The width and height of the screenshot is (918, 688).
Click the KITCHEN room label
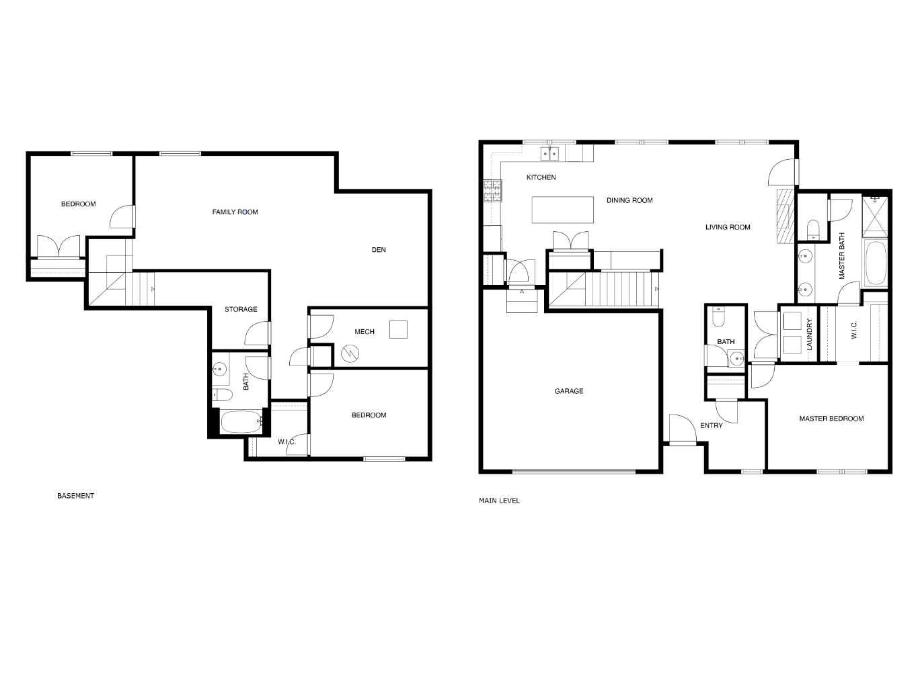click(x=541, y=177)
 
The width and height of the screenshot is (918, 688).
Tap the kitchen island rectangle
click(x=563, y=210)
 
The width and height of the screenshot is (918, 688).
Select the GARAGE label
click(x=568, y=391)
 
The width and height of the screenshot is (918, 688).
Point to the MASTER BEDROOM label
click(x=831, y=419)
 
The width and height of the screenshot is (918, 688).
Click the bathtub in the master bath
click(x=876, y=263)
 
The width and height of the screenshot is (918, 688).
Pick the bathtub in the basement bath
click(x=241, y=422)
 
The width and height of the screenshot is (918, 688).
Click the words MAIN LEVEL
click(x=499, y=501)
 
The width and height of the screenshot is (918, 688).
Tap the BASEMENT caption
click(x=75, y=496)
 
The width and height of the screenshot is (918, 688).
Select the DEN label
click(x=379, y=250)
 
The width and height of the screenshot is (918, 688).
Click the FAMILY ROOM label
click(x=235, y=212)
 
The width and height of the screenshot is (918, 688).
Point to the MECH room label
click(x=365, y=332)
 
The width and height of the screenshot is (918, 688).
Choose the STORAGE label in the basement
click(x=241, y=310)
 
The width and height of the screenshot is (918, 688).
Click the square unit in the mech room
click(x=399, y=330)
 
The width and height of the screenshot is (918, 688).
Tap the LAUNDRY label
click(x=810, y=335)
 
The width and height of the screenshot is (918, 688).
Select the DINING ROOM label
click(x=629, y=200)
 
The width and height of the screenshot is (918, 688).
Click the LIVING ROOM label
click(x=728, y=227)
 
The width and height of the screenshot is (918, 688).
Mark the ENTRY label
click(x=712, y=425)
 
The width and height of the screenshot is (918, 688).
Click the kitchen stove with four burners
click(x=492, y=191)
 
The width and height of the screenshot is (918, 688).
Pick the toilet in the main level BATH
click(x=718, y=316)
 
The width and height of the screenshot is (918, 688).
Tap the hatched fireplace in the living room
click(x=785, y=218)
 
